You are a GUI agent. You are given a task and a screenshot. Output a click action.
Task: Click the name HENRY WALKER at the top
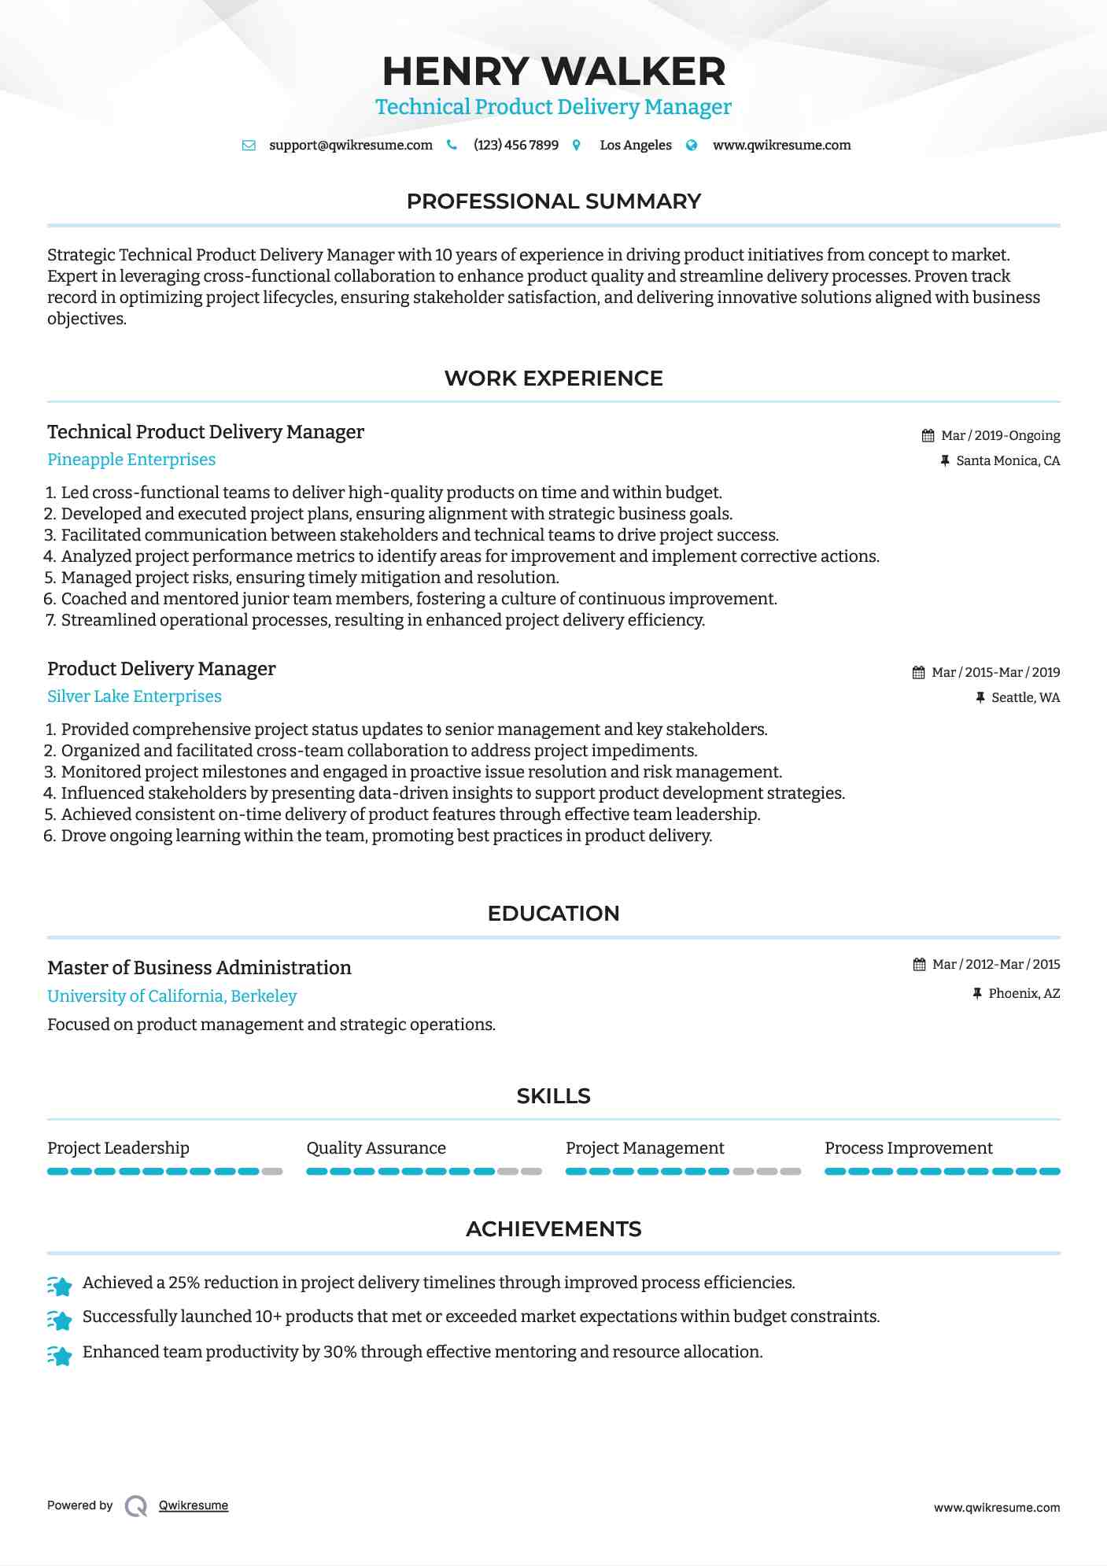pyautogui.click(x=553, y=72)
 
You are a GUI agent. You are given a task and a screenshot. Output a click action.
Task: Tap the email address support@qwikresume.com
pyautogui.click(x=350, y=146)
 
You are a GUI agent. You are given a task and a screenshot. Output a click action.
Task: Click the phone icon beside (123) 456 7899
pyautogui.click(x=452, y=145)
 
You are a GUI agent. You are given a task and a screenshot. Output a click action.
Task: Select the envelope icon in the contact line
pyautogui.click(x=249, y=146)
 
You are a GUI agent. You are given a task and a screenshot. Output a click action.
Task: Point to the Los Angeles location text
pyautogui.click(x=635, y=146)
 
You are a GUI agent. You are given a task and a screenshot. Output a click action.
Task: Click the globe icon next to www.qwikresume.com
pyautogui.click(x=692, y=145)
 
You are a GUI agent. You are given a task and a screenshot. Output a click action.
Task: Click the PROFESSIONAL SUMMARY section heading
pyautogui.click(x=553, y=201)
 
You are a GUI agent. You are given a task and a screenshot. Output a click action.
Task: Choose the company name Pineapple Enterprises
pyautogui.click(x=131, y=460)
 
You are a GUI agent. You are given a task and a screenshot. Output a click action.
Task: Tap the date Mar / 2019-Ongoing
pyautogui.click(x=1000, y=436)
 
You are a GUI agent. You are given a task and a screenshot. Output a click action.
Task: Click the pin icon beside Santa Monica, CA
pyautogui.click(x=945, y=461)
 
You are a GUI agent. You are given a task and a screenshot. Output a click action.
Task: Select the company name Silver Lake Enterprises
pyautogui.click(x=135, y=696)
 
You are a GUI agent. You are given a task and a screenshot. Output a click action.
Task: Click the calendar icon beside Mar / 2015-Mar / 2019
pyautogui.click(x=918, y=673)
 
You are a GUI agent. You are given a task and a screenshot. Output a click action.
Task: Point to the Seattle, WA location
pyautogui.click(x=1025, y=698)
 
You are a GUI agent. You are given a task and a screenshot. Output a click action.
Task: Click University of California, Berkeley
pyautogui.click(x=172, y=996)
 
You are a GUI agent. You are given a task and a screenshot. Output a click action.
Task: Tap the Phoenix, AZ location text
pyautogui.click(x=1024, y=994)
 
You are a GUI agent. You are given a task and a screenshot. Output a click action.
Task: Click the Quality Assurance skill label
pyautogui.click(x=376, y=1148)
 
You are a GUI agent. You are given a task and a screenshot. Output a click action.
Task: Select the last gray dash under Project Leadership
pyautogui.click(x=272, y=1172)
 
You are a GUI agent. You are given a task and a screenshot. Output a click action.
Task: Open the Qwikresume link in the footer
pyautogui.click(x=194, y=1505)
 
